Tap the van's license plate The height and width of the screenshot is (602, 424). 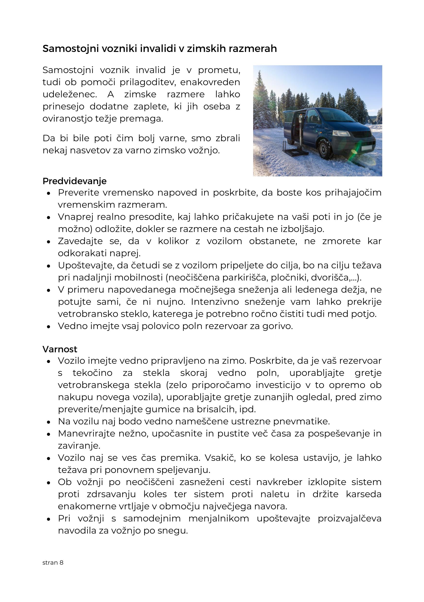tap(366, 147)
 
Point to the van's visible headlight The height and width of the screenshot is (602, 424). tap(341, 133)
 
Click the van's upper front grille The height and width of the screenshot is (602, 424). tap(361, 134)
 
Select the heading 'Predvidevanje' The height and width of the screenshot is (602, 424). tap(75, 181)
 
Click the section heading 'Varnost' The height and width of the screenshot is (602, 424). tap(60, 349)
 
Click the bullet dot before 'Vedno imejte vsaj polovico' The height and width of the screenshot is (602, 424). tap(48, 327)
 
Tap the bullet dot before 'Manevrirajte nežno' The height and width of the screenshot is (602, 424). tap(48, 434)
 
